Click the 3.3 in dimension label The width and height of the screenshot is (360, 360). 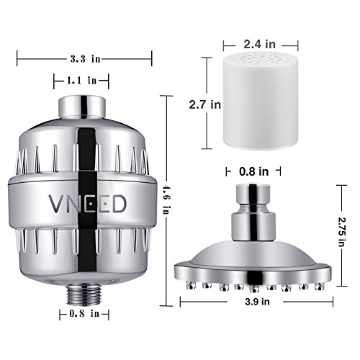(85, 59)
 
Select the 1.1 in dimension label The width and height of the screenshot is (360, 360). (81, 80)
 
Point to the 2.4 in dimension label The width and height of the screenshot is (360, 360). (260, 44)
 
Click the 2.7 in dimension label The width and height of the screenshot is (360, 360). (204, 105)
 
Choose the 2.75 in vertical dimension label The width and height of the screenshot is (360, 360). (341, 232)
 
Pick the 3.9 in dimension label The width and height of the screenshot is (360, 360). (257, 302)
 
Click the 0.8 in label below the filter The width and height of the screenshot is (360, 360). (84, 313)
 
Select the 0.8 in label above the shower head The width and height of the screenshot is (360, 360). (254, 171)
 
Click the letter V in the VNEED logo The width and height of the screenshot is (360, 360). (56, 204)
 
